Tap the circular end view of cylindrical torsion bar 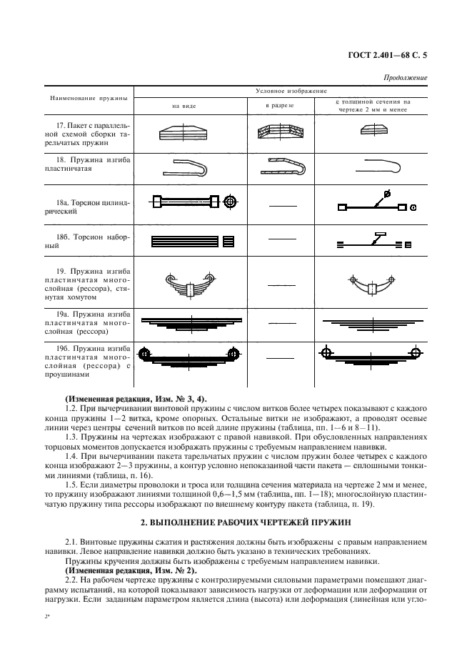pos(229,203)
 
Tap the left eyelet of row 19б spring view pos(145,353)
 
